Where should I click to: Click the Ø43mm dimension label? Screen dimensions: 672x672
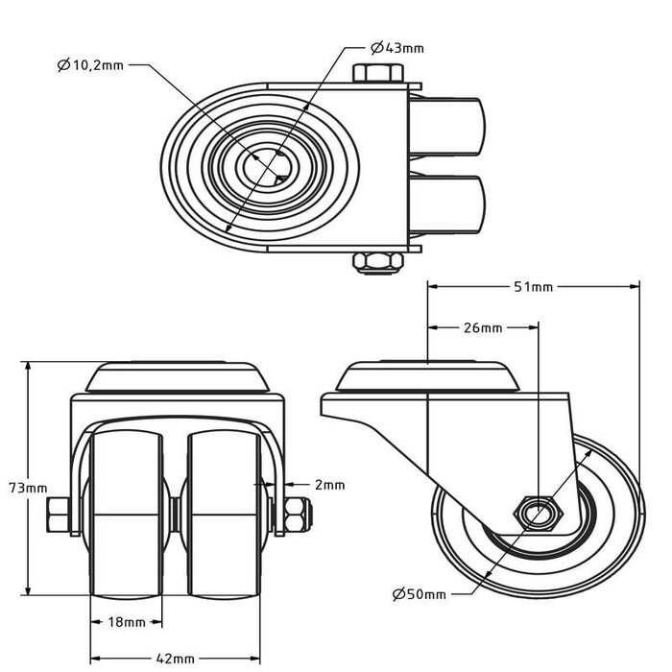tap(397, 48)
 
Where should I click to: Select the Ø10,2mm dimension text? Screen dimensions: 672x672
tap(90, 65)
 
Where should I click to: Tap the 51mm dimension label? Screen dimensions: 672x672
tap(534, 287)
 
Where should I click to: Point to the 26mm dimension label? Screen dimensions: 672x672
tap(483, 328)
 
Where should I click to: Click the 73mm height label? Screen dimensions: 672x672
tap(28, 488)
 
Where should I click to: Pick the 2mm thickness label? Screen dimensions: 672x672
tap(330, 485)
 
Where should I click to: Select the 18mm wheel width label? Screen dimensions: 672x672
tap(127, 622)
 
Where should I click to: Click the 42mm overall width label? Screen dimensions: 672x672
tap(175, 659)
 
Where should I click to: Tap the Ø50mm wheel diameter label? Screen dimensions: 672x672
tap(420, 594)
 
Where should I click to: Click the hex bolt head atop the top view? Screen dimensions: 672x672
tap(378, 73)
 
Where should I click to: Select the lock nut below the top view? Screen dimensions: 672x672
tap(378, 263)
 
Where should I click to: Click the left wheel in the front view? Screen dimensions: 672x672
tap(127, 515)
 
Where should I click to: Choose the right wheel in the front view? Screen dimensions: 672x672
tap(224, 515)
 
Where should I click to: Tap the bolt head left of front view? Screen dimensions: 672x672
tap(59, 516)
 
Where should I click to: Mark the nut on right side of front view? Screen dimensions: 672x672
tap(298, 516)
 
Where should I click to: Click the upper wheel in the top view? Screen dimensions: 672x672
tap(447, 127)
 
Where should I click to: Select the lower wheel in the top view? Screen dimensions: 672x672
tap(447, 204)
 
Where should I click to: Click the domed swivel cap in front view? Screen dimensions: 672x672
tap(178, 377)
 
